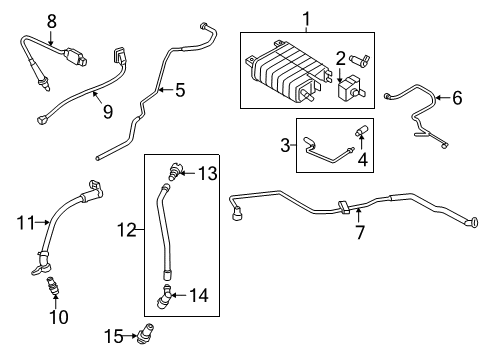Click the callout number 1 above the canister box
[x=306, y=19]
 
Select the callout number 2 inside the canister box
[x=340, y=58]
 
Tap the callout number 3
[x=285, y=146]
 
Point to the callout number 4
[x=362, y=157]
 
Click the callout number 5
[x=179, y=90]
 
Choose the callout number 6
[x=457, y=98]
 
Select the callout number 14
[x=201, y=294]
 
